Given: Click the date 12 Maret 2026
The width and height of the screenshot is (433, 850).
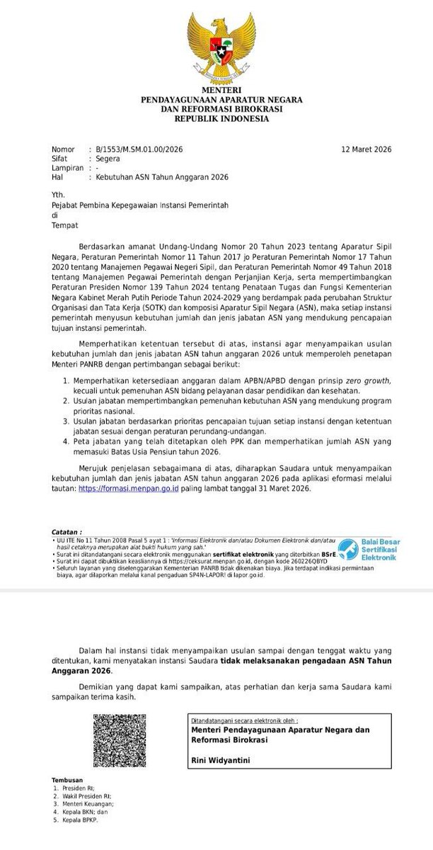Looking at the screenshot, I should pyautogui.click(x=366, y=149).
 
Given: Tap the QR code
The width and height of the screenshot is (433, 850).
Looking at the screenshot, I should pyautogui.click(x=120, y=740).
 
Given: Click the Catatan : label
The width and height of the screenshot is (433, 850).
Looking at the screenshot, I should pyautogui.click(x=67, y=530).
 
